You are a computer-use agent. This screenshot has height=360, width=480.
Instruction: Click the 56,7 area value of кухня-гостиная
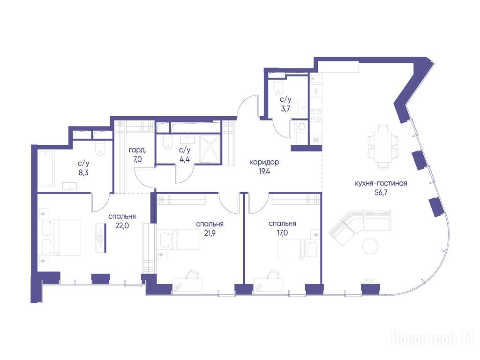click(381, 193)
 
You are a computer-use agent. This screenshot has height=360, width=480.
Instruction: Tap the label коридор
click(264, 162)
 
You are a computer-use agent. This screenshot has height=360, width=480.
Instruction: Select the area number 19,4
click(264, 172)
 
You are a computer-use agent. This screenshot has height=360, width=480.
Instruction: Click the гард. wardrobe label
click(137, 150)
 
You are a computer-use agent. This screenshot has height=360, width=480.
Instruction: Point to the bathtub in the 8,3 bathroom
click(46, 168)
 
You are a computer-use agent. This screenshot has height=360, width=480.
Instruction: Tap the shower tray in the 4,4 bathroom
click(210, 149)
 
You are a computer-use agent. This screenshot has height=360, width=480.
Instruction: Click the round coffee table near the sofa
click(370, 246)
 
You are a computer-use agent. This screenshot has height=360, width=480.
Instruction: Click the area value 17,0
click(282, 233)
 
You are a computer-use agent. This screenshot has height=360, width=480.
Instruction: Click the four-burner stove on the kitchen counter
click(316, 115)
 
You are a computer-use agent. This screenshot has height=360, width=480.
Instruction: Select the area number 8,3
click(83, 172)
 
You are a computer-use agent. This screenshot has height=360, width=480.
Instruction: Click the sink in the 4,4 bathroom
click(187, 140)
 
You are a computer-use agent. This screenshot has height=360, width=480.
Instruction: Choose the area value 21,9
click(210, 233)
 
